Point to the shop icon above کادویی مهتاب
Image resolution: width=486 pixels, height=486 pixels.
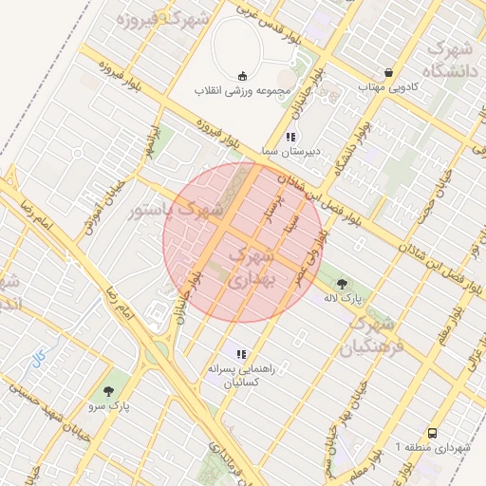coord(389,72)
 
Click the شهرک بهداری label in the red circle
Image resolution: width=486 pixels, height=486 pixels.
coord(252,268)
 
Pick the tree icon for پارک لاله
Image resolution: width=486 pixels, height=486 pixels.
coord(342,283)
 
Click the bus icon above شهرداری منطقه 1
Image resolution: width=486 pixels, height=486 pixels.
coord(433,432)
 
